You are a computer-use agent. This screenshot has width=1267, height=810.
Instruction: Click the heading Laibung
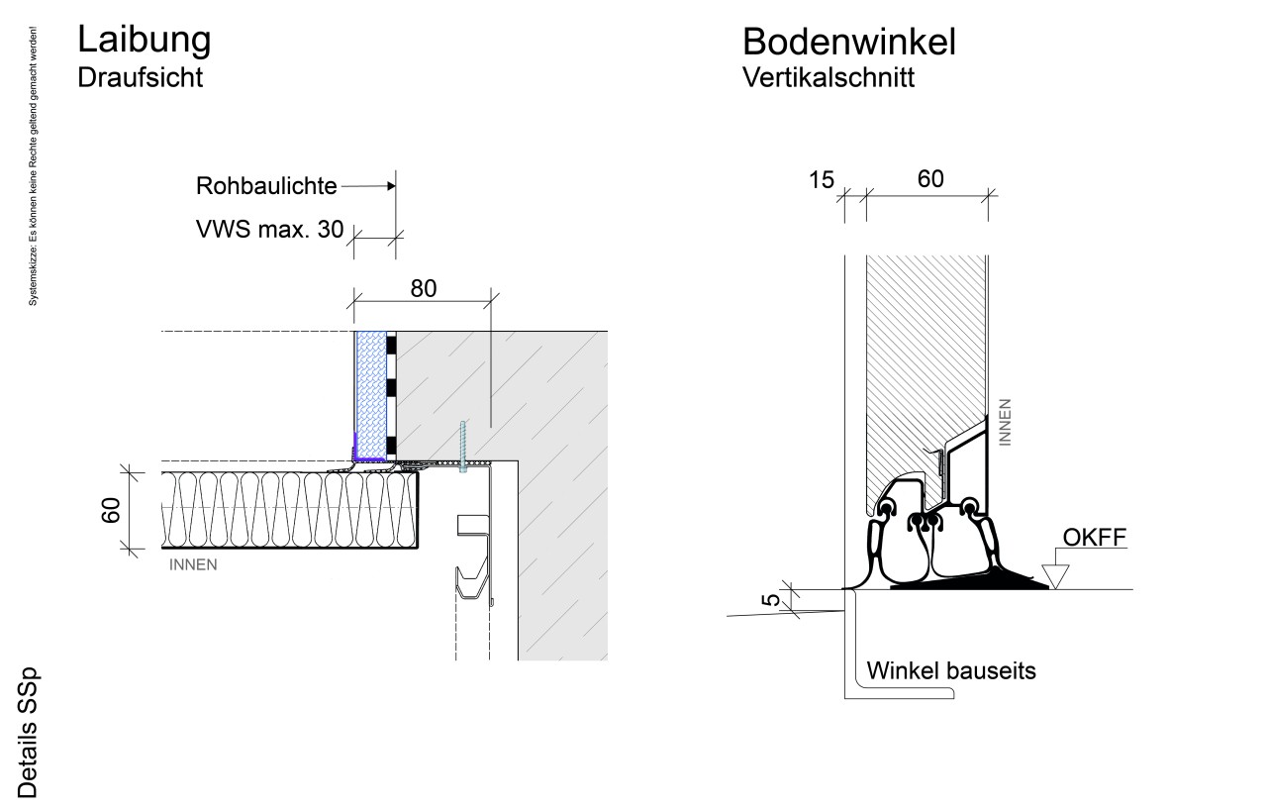click(x=144, y=40)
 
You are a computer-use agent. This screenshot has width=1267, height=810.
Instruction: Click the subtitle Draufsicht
click(x=140, y=78)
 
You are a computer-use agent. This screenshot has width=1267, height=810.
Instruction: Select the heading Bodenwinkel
click(x=848, y=42)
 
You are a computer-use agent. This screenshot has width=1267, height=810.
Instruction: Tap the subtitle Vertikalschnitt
click(x=828, y=78)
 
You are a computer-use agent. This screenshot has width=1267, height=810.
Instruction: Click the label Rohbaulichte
click(x=267, y=186)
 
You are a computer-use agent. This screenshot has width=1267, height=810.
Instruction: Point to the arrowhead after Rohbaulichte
click(x=389, y=185)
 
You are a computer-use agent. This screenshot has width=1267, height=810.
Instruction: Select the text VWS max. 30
click(x=269, y=231)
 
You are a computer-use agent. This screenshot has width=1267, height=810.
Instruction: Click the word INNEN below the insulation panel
click(x=193, y=565)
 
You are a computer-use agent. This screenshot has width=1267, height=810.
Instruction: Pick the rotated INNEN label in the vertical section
click(x=1006, y=422)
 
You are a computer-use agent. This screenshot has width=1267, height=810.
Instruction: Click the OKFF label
click(x=1094, y=538)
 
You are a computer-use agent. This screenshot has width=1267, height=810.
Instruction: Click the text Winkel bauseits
click(x=950, y=670)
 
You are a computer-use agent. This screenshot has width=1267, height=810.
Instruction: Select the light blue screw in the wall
click(x=462, y=448)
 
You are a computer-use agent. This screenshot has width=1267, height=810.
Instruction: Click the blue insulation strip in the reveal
click(x=370, y=395)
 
